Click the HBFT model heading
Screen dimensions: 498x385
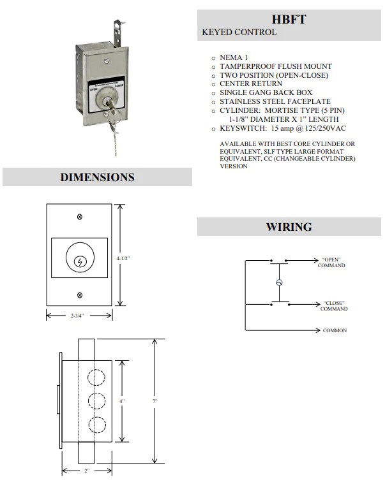pyautogui.click(x=289, y=19)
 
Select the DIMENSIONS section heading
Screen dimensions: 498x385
pyautogui.click(x=97, y=177)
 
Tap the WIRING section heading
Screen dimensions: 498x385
pyautogui.click(x=289, y=227)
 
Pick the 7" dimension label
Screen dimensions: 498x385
pyautogui.click(x=155, y=401)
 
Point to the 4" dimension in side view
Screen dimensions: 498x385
pyautogui.click(x=122, y=401)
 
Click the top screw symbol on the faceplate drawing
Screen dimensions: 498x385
pyautogui.click(x=79, y=217)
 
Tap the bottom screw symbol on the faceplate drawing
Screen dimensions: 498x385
pyautogui.click(x=79, y=295)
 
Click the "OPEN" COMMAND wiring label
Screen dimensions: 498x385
pyautogui.click(x=331, y=262)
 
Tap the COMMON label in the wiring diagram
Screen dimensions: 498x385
pyautogui.click(x=335, y=331)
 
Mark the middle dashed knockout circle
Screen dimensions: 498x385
pyautogui.click(x=96, y=401)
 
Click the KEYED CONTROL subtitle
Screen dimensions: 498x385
pyautogui.click(x=239, y=32)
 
